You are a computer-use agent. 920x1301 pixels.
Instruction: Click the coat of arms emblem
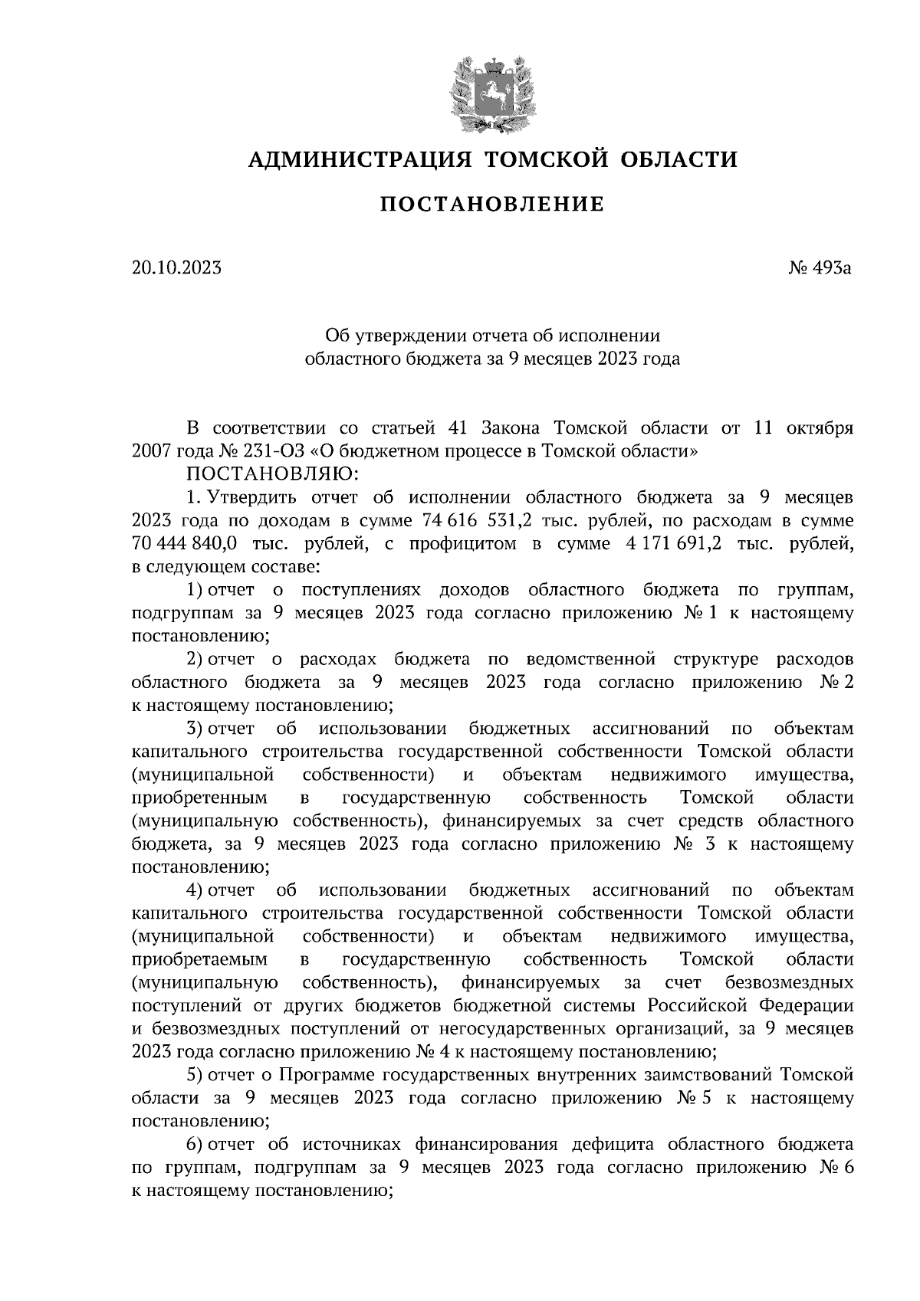tap(491, 93)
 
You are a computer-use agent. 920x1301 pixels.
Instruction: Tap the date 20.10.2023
tap(176, 268)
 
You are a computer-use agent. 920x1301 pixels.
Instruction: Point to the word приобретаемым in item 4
tap(199, 959)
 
